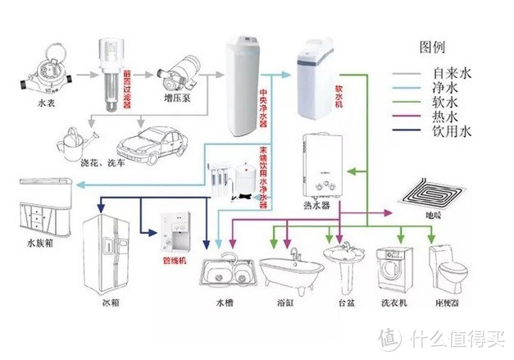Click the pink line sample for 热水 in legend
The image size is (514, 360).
411,116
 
